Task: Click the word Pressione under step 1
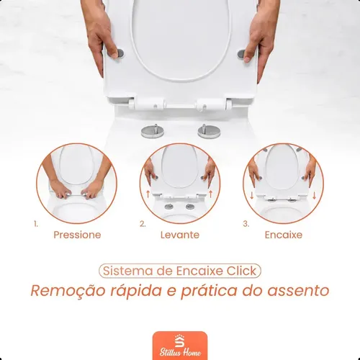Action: coord(77,235)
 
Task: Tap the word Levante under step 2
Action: coord(180,235)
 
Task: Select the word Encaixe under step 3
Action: coord(284,235)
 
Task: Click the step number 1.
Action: coord(36,224)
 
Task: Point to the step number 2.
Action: coord(143,224)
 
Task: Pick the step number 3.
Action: coord(246,224)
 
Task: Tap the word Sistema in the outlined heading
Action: coord(128,271)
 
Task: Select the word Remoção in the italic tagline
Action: coord(68,291)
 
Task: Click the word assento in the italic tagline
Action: coord(298,291)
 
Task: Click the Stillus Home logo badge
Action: coord(180,346)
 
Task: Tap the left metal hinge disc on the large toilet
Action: coord(153,131)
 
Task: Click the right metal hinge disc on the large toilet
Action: coord(209,131)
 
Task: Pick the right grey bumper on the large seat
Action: coord(242,55)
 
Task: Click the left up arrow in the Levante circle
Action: coord(148,194)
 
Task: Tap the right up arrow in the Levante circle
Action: coord(211,194)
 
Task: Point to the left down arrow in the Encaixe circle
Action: coord(252,195)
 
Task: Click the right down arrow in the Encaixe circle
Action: coord(315,195)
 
